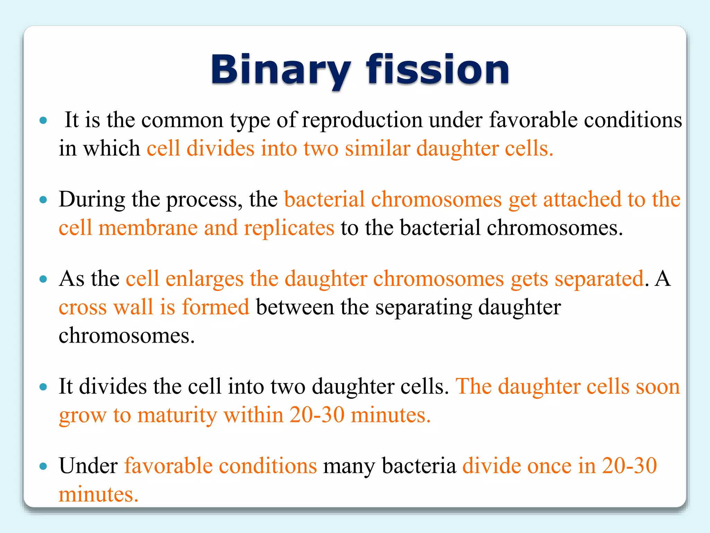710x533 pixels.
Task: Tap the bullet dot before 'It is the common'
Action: (x=43, y=120)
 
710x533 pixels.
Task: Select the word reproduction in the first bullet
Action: (x=362, y=120)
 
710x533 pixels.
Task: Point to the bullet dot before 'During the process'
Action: (x=43, y=200)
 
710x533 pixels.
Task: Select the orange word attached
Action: (x=582, y=200)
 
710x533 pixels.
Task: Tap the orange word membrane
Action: (x=148, y=228)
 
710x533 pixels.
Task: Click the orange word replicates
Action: (x=289, y=228)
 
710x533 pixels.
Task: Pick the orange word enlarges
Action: (x=205, y=279)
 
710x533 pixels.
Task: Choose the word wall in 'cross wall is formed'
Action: (x=133, y=307)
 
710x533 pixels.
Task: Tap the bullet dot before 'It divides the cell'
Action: (x=43, y=387)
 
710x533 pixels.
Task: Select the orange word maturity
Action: (x=177, y=415)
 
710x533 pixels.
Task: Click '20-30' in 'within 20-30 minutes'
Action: (x=317, y=415)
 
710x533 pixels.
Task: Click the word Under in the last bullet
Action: (x=88, y=466)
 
